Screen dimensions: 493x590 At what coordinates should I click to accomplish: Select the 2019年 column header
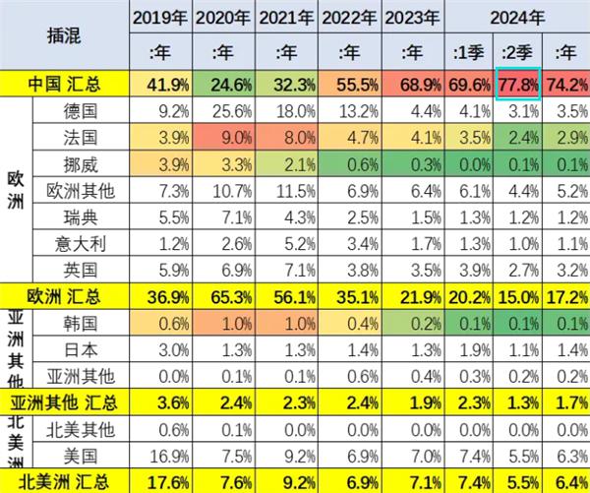click(x=159, y=16)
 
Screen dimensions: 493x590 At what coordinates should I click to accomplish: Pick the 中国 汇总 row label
click(x=65, y=84)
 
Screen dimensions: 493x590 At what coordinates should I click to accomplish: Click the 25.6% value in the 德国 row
click(x=223, y=108)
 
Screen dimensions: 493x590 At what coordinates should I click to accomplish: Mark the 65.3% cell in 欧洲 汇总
click(x=223, y=294)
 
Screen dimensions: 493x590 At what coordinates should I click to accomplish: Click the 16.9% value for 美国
click(x=159, y=454)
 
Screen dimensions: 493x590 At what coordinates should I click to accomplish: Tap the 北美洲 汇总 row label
click(x=65, y=481)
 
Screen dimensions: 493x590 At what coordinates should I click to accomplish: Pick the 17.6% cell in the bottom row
click(x=159, y=481)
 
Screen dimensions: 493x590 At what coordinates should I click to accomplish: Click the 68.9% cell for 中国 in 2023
click(x=413, y=84)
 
